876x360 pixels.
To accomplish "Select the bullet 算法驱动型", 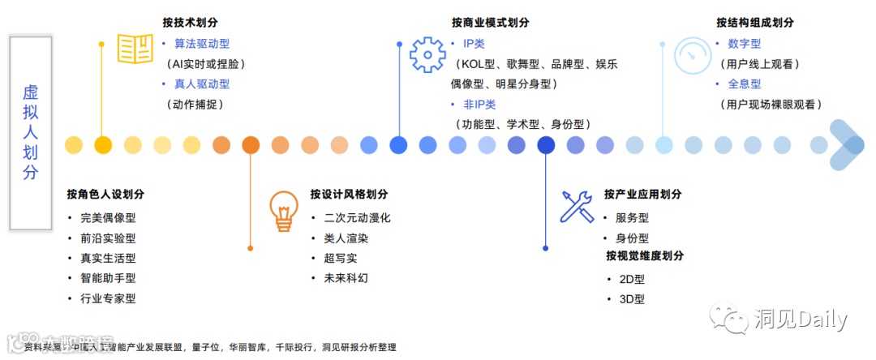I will (201, 43).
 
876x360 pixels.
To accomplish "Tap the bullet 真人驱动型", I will (201, 84).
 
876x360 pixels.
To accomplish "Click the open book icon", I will (135, 49).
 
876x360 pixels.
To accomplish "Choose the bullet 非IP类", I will (479, 105).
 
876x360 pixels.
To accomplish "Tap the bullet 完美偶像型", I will (108, 217).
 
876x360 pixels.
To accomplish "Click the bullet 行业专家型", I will (108, 298).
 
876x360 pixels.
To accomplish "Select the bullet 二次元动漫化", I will (357, 217).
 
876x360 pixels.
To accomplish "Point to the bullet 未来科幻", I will (346, 278).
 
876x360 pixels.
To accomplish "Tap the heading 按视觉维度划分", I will (645, 256).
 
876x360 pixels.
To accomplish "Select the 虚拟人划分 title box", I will (30, 133).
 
